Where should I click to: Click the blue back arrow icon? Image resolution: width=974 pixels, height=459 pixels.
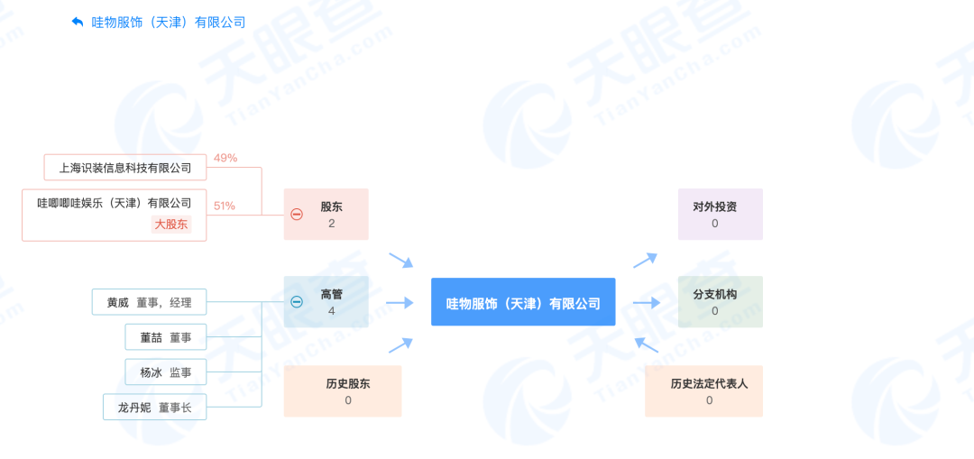click(x=78, y=23)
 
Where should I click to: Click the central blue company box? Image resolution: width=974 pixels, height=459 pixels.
click(x=523, y=302)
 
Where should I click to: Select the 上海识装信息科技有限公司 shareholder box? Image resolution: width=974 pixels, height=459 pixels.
click(x=124, y=167)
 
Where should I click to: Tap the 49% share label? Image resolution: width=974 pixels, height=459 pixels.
click(x=225, y=158)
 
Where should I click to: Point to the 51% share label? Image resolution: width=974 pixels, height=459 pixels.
click(x=225, y=206)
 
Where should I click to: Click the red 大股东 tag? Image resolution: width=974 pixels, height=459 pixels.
click(x=170, y=225)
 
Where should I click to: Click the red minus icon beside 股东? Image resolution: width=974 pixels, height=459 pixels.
click(x=297, y=215)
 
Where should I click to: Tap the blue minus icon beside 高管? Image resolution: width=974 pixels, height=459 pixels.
click(x=297, y=302)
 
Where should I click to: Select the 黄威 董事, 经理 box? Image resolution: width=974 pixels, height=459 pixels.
click(x=149, y=302)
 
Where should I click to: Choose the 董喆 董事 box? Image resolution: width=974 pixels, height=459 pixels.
click(x=166, y=336)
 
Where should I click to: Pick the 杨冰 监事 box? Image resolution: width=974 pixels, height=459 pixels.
click(x=166, y=372)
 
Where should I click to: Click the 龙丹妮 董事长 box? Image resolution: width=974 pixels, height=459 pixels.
click(x=155, y=407)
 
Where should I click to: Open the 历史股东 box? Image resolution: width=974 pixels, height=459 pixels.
click(x=343, y=390)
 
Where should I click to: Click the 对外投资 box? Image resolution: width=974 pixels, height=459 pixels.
click(x=721, y=215)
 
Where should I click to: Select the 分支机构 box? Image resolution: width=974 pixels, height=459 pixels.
click(x=721, y=302)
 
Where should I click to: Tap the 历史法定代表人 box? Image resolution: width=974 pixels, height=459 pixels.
click(x=703, y=390)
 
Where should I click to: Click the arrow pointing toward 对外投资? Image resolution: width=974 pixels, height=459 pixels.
click(x=646, y=261)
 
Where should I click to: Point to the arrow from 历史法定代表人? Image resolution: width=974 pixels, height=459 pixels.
click(x=646, y=344)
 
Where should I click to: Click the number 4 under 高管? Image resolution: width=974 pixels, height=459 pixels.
click(x=332, y=310)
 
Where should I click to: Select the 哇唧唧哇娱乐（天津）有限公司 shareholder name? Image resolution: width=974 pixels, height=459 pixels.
click(x=115, y=203)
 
